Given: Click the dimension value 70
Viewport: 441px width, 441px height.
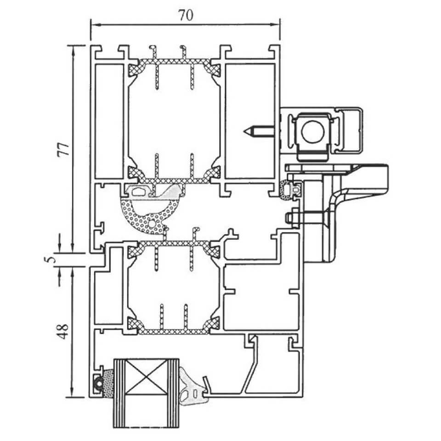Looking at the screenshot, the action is tap(186, 15).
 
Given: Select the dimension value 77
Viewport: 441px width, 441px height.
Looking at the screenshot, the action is tap(63, 149).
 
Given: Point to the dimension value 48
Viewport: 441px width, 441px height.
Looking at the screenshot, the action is tap(63, 331).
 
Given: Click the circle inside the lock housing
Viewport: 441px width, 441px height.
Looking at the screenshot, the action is tap(313, 131).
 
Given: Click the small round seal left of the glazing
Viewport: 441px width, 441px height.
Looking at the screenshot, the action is tap(98, 383).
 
